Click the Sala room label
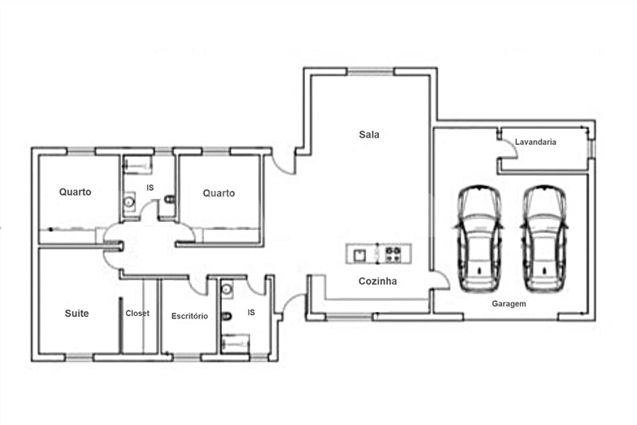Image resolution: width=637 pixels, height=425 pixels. tap(369, 135)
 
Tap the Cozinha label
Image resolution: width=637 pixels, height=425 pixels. tap(377, 281)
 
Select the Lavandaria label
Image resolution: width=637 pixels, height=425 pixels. tap(535, 142)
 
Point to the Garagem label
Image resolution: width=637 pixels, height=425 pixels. tap(509, 304)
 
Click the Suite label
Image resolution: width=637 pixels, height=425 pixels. tap(76, 314)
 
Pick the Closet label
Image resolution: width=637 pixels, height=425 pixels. tap(137, 314)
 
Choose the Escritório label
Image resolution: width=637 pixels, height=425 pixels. tap(190, 316)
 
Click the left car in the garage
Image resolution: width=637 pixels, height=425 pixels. tap(479, 239)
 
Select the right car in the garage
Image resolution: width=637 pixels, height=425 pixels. tap(544, 239)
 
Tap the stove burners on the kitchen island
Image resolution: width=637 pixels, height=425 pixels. tap(393, 254)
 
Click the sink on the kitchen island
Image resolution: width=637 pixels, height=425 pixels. tap(360, 255)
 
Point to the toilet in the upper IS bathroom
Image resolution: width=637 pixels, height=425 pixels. tap(170, 199)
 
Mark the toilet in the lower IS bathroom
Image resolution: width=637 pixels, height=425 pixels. tap(226, 316)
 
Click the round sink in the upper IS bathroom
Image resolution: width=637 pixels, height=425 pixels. tap(129, 201)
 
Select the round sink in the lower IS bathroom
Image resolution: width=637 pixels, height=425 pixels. tap(227, 289)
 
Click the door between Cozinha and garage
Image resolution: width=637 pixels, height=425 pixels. tap(440, 280)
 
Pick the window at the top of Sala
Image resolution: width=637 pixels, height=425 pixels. tap(370, 72)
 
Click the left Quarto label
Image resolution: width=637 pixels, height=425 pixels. tap(75, 192)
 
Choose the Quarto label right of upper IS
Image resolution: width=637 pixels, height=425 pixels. tap(219, 193)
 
